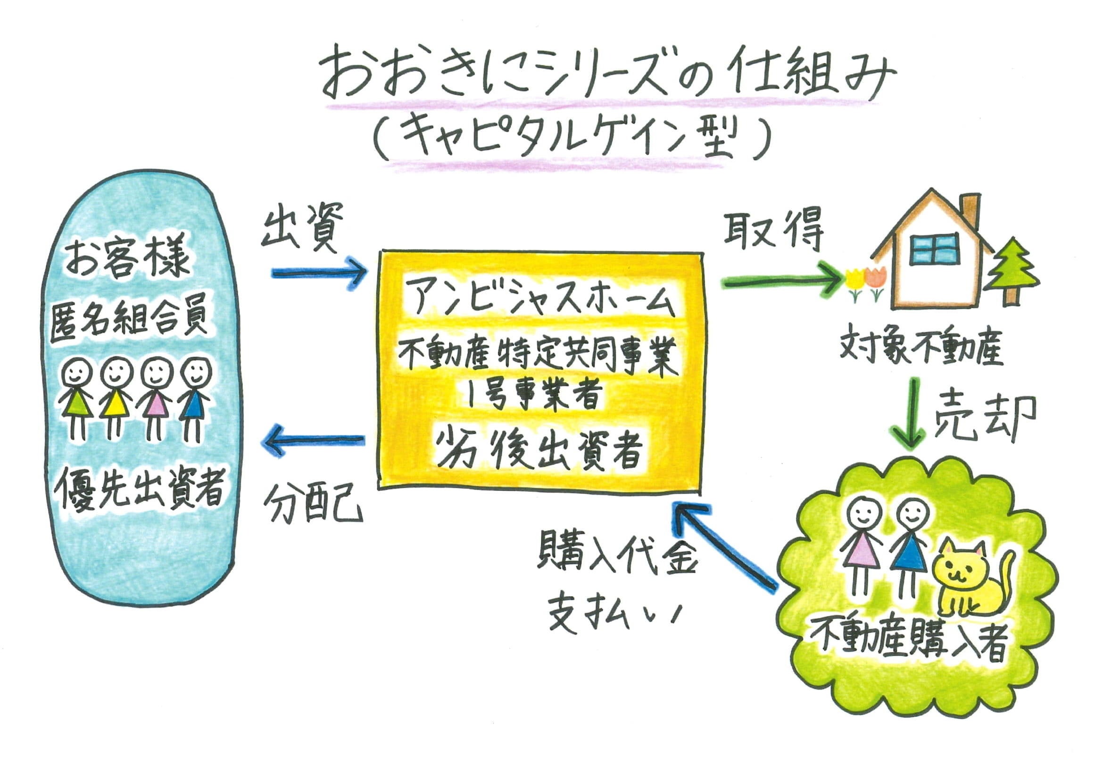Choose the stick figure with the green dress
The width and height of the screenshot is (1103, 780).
click(x=76, y=401)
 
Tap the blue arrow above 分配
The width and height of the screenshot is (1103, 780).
click(x=315, y=440)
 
